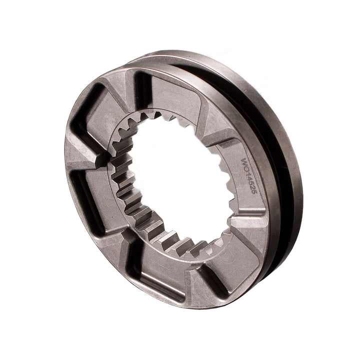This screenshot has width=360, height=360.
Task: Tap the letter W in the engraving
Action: point(244,162)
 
